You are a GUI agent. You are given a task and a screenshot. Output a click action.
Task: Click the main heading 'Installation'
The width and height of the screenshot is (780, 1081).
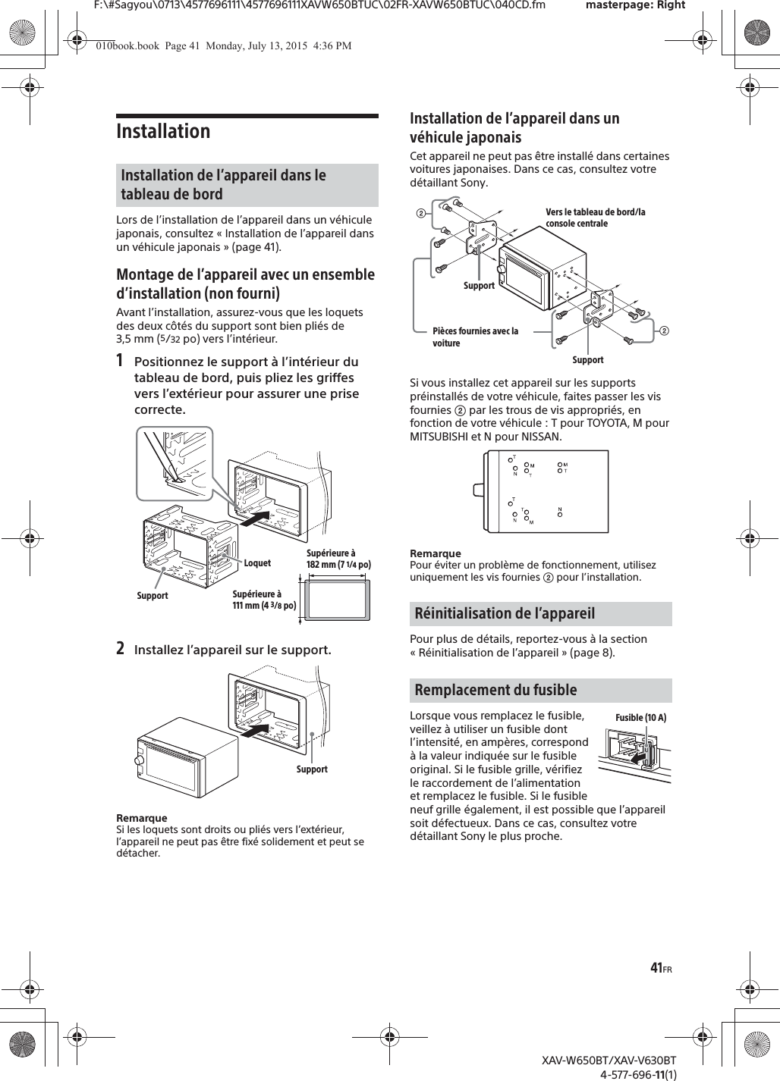point(163,131)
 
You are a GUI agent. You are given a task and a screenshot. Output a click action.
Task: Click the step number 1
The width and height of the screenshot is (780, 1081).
point(121,361)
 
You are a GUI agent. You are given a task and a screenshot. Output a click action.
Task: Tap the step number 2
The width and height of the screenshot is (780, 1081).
point(121,649)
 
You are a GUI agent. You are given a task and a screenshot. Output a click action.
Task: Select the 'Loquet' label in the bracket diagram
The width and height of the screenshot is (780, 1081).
point(257,563)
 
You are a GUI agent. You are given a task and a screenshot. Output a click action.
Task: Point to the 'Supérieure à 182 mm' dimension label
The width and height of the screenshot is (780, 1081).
point(338,559)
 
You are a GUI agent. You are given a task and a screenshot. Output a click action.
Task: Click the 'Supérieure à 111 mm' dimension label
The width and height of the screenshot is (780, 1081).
point(263,600)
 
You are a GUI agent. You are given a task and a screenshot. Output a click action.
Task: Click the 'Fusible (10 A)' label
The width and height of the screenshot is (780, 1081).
point(640,718)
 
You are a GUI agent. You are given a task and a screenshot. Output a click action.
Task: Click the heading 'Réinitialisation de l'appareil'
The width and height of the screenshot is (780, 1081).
point(505,613)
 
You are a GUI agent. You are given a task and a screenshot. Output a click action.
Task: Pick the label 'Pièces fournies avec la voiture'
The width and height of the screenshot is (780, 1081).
point(475,337)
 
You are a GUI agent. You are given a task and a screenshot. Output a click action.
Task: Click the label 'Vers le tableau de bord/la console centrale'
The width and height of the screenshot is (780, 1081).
point(595,218)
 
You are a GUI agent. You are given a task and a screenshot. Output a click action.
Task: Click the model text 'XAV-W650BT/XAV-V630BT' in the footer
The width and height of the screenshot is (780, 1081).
point(609,1060)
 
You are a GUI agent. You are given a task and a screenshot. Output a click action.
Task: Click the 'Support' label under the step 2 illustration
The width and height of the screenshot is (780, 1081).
point(312,769)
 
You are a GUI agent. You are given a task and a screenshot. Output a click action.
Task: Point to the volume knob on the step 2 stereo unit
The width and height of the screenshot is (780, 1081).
point(140,760)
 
